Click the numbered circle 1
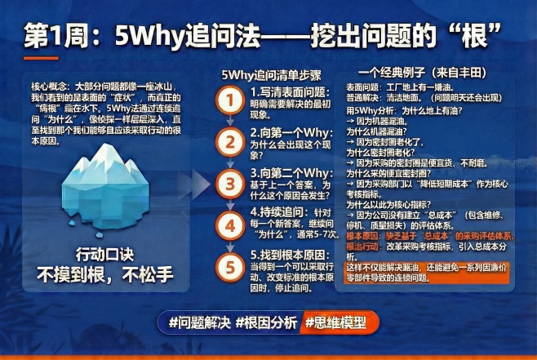(x=230, y=100)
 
